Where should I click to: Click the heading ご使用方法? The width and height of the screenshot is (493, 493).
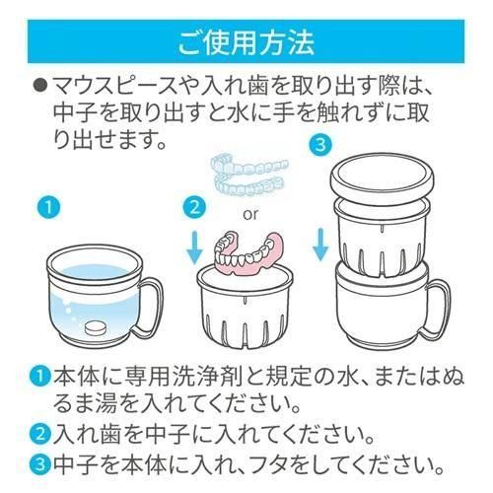click(246, 42)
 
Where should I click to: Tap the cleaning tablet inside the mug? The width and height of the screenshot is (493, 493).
click(96, 328)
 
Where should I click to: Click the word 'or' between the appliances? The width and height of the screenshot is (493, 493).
click(250, 214)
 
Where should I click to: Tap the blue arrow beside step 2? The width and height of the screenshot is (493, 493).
click(195, 247)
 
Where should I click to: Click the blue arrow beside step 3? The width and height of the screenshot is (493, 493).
click(320, 245)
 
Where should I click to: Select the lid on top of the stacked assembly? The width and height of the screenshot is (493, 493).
click(382, 178)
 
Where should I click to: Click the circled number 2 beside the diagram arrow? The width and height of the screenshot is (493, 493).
click(194, 208)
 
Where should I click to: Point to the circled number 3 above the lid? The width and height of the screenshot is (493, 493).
click(320, 145)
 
